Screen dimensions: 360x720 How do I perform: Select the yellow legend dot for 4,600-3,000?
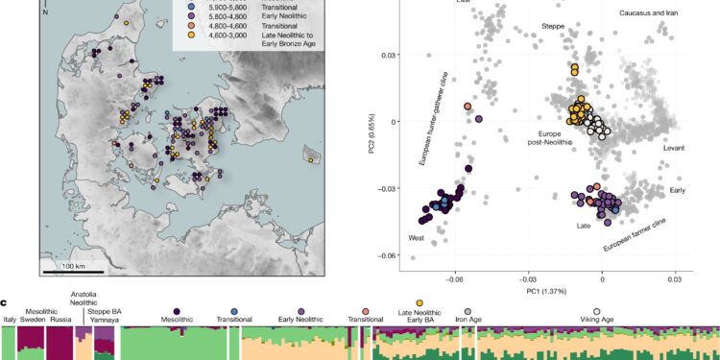point(179,34)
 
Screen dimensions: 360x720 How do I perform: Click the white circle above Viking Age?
point(597,313)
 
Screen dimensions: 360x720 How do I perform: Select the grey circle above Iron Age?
point(467,313)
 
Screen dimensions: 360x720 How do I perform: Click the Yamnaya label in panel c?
point(105,322)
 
